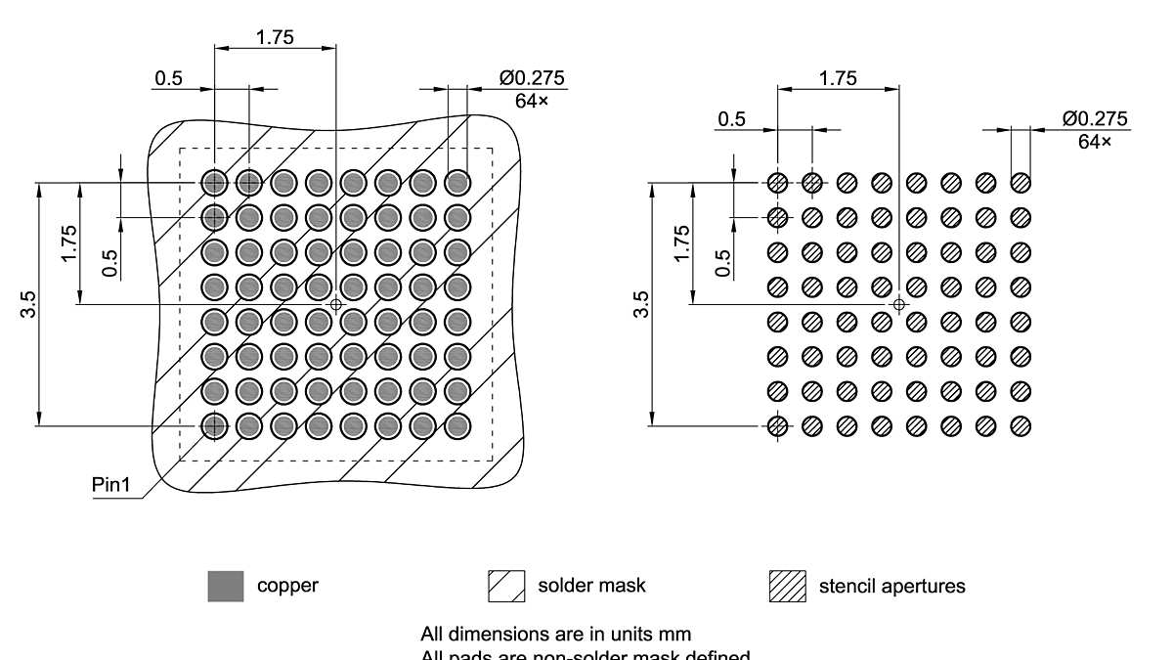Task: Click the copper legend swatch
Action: click(226, 586)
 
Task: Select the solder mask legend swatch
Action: click(506, 586)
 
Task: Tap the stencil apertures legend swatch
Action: click(788, 586)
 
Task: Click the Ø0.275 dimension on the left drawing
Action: click(532, 78)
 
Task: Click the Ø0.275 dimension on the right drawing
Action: click(1095, 118)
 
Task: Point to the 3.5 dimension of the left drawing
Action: click(31, 304)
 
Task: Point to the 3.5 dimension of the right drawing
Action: click(641, 304)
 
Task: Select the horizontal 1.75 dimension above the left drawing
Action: click(275, 37)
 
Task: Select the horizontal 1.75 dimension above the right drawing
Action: click(838, 78)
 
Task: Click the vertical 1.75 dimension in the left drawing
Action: click(68, 243)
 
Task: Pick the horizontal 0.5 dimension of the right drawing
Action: click(731, 119)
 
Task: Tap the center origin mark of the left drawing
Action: click(336, 304)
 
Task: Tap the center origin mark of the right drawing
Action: click(899, 304)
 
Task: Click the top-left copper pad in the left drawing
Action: click(214, 182)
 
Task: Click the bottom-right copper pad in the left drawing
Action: click(457, 425)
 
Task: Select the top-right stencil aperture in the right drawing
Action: click(1021, 182)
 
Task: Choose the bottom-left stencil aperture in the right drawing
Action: click(777, 425)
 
